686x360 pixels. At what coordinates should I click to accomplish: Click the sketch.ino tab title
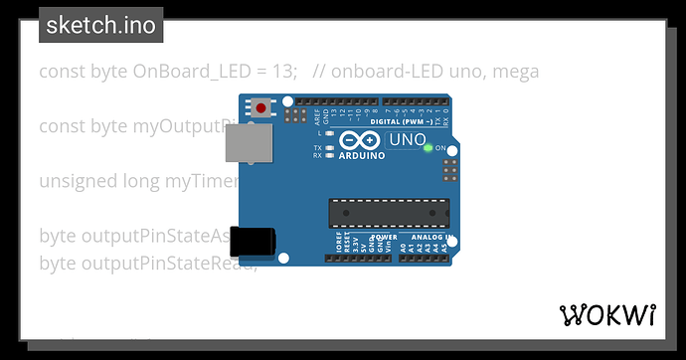pos(100,25)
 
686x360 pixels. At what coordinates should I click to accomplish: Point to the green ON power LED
pos(428,148)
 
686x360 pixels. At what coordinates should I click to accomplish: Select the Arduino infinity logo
pos(355,142)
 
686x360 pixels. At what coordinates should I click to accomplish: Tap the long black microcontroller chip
pos(389,213)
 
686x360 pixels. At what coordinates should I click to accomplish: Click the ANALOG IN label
pos(432,239)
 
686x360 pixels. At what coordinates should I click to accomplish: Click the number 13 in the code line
pos(283,72)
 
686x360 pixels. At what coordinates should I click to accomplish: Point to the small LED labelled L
pos(329,132)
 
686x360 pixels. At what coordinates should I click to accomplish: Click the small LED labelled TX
pos(329,147)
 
